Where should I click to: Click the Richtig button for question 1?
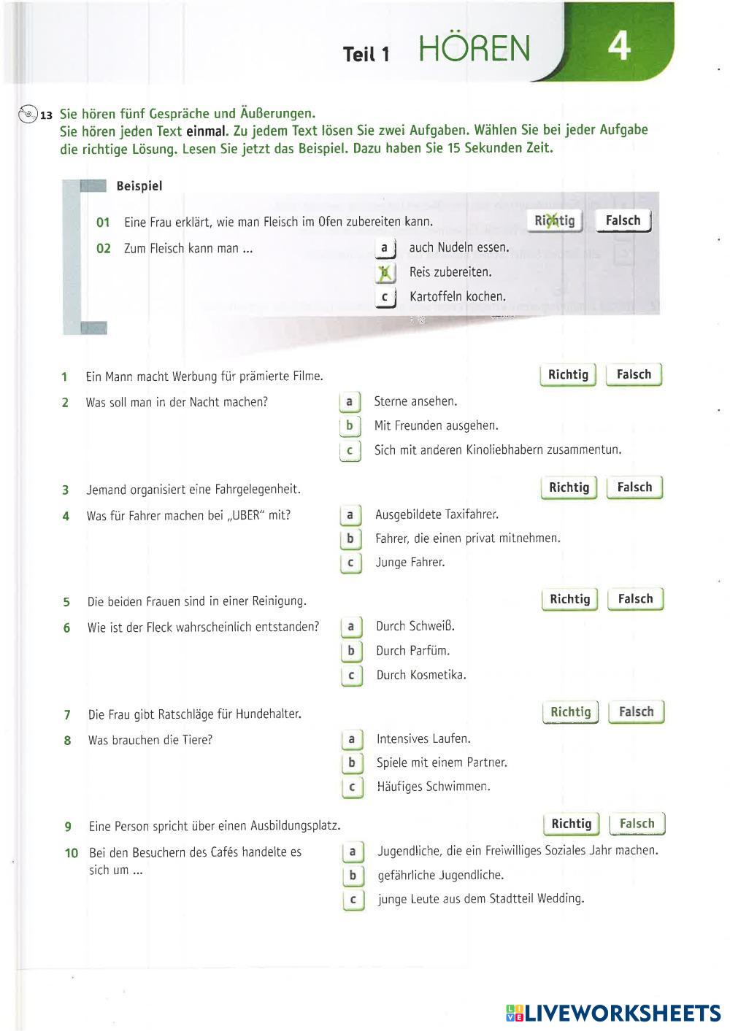(568, 375)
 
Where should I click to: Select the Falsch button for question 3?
(634, 487)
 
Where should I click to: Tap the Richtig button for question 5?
(569, 599)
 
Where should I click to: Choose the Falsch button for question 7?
(637, 712)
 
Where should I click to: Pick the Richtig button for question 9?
(571, 824)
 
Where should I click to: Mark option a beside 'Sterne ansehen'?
(350, 402)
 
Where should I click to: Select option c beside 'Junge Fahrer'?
(350, 563)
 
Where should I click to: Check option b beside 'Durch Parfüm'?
(351, 651)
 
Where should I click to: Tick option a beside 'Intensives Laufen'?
(352, 739)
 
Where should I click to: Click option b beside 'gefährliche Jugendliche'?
(353, 876)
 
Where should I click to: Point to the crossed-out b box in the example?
(385, 273)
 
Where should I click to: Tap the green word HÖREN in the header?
(474, 49)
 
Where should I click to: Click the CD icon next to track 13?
(28, 114)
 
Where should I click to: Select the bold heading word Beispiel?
(139, 186)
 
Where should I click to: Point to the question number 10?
(72, 853)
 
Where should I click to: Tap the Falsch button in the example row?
(623, 220)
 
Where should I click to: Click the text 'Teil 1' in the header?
(366, 54)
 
